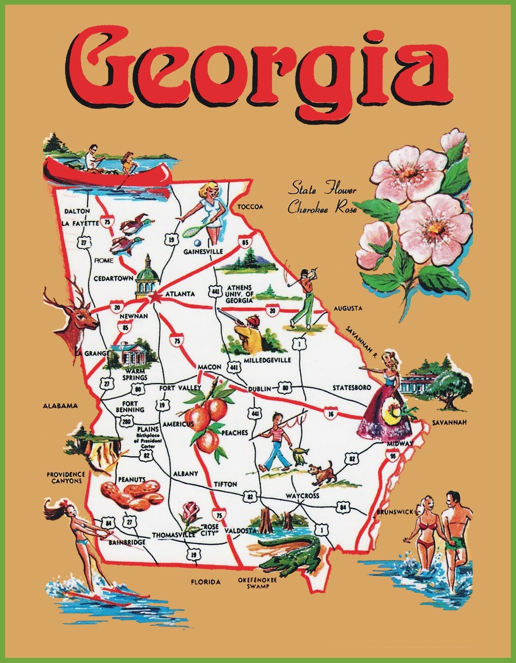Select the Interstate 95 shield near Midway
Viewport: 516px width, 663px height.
[391, 455]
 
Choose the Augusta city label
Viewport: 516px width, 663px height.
[348, 308]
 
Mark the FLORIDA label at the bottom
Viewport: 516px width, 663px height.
[206, 582]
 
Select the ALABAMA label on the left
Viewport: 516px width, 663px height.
[60, 405]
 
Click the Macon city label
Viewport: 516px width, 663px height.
[209, 367]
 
